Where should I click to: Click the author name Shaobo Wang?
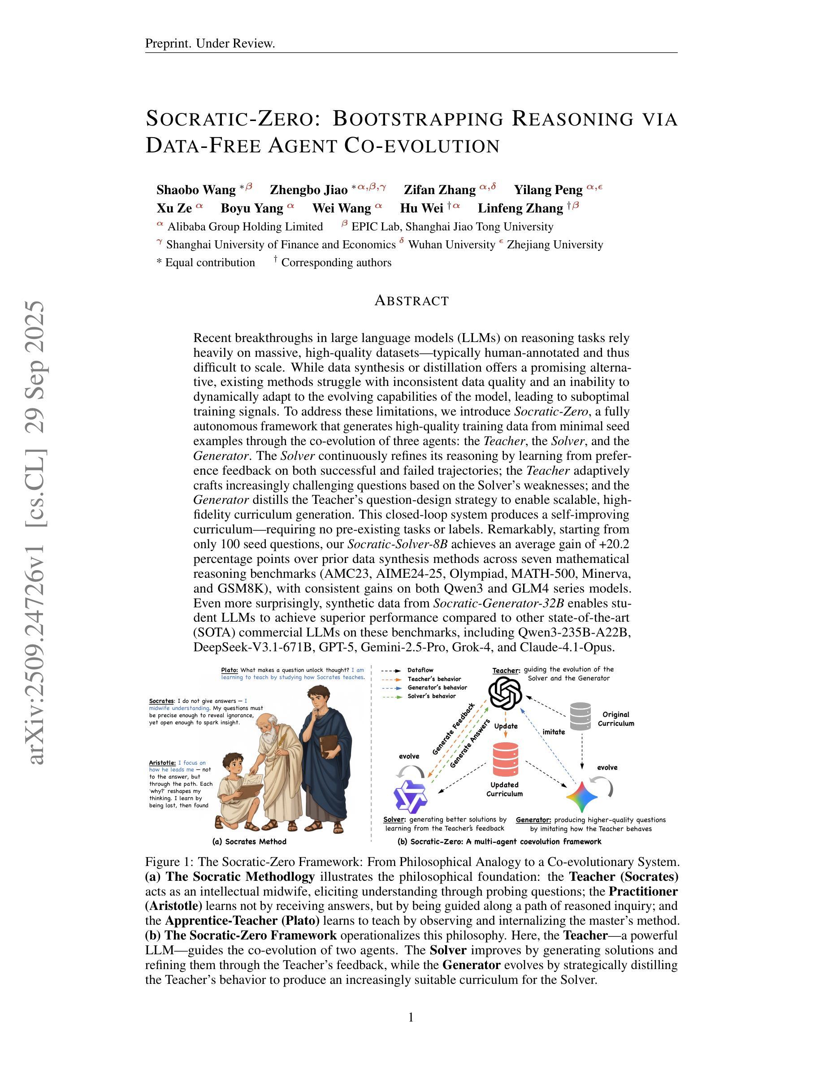coord(196,190)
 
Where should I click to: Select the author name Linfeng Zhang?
coord(520,208)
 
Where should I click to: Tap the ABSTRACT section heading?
coord(411,301)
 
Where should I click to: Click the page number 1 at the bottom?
coord(411,1017)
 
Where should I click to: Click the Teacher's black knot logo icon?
coord(505,694)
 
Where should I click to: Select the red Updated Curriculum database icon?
coord(505,759)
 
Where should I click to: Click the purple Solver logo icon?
coord(410,796)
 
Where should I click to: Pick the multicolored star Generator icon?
coord(582,797)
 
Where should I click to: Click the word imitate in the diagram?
coord(554,732)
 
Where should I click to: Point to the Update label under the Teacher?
coord(506,726)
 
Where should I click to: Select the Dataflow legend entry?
coord(420,671)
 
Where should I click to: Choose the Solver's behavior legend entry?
coord(432,697)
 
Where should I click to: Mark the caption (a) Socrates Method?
coord(249,842)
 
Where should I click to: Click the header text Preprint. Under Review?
coord(210,44)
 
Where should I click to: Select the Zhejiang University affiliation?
coord(555,245)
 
